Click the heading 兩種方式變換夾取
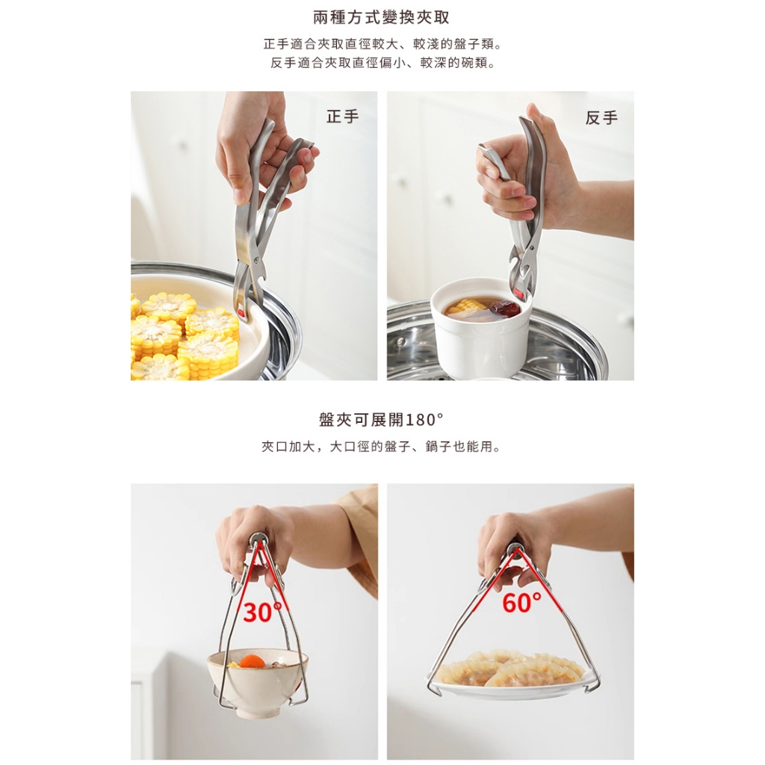381,18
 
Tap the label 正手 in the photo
342,117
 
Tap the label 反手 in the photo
601,117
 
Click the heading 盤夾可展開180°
381,420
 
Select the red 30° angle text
262,613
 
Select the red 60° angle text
521,603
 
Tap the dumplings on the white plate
510,669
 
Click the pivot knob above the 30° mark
257,539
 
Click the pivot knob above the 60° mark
515,549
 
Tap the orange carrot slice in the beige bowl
251,662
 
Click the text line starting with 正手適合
382,44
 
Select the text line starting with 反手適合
382,63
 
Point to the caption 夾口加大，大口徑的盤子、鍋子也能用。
381,447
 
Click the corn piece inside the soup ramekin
467,306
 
